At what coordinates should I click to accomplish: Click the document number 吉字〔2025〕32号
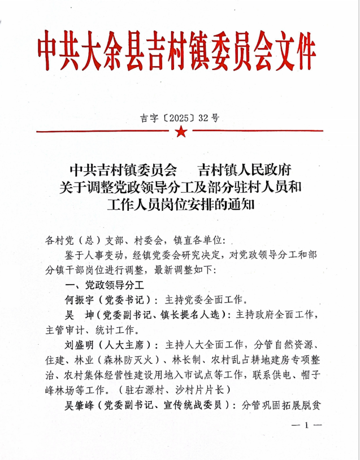[x=180, y=118]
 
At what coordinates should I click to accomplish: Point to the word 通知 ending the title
[x=242, y=204]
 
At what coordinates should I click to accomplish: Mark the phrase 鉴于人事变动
[x=94, y=254]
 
